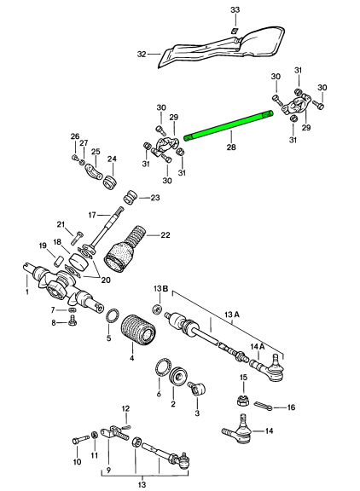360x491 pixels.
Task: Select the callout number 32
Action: pos(142,55)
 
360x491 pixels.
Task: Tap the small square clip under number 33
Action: pos(235,31)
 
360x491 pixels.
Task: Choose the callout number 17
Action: pos(92,215)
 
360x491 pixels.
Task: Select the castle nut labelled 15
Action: pos(242,400)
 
